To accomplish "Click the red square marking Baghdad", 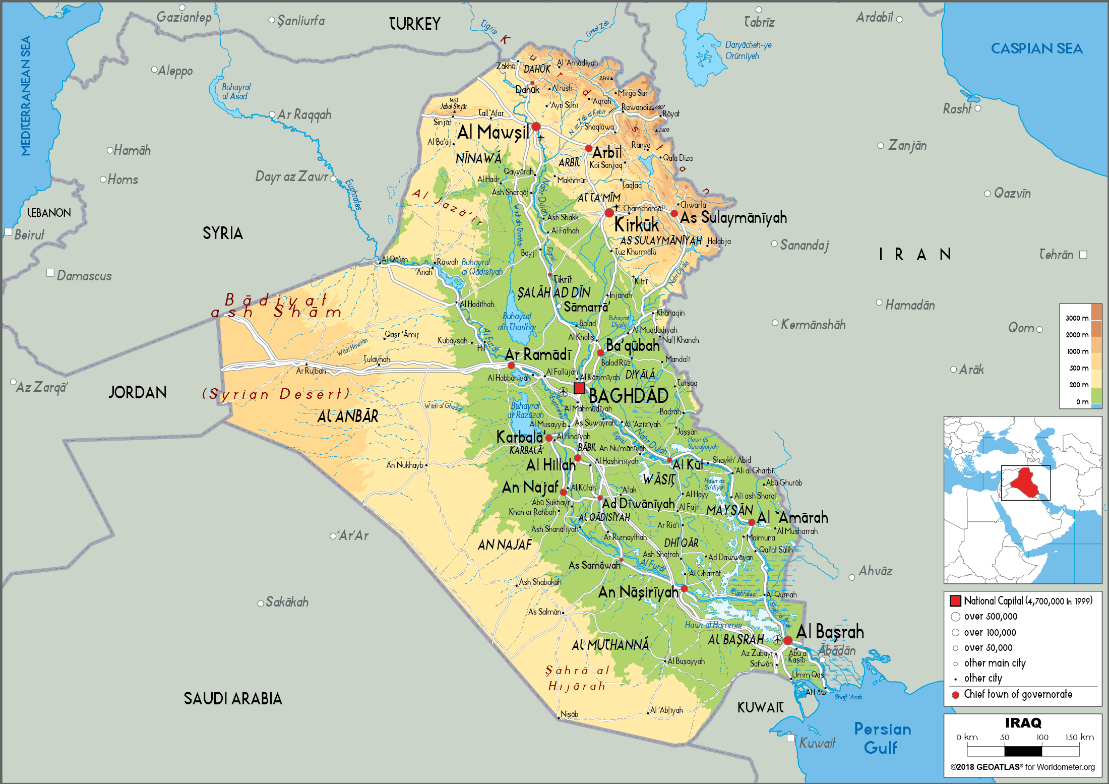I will pos(579,388).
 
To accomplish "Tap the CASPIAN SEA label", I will pos(1036,48).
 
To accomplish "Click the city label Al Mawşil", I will pos(493,133).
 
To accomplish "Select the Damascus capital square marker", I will pos(50,273).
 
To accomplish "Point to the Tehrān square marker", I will pos(1083,255).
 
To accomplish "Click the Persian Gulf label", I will pos(882,738).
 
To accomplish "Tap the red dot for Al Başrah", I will pos(788,640).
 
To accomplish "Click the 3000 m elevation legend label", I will pos(1077,318).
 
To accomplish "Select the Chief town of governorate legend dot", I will pos(955,695).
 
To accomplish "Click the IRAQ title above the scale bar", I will pos(1023,723).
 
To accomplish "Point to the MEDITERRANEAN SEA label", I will pos(25,96).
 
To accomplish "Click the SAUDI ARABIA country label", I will pos(232,699).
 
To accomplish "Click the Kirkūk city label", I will pos(637,225).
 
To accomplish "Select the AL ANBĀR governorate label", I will pos(348,416).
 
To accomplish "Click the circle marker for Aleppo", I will pos(154,70).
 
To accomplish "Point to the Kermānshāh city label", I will pos(813,325).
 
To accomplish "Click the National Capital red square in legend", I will pos(955,601).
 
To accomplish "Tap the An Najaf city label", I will pos(530,487).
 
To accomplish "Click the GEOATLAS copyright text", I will pos(1022,767).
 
